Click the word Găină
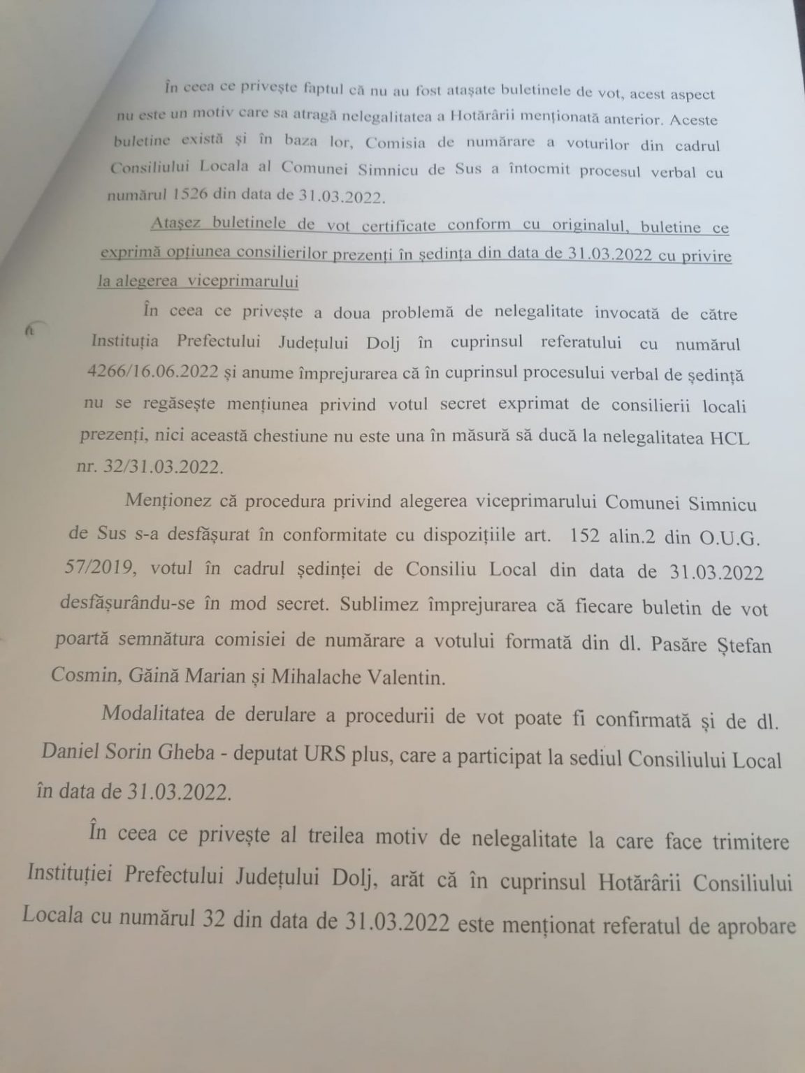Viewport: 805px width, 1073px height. (140, 673)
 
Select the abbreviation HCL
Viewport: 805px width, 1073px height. (727, 437)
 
